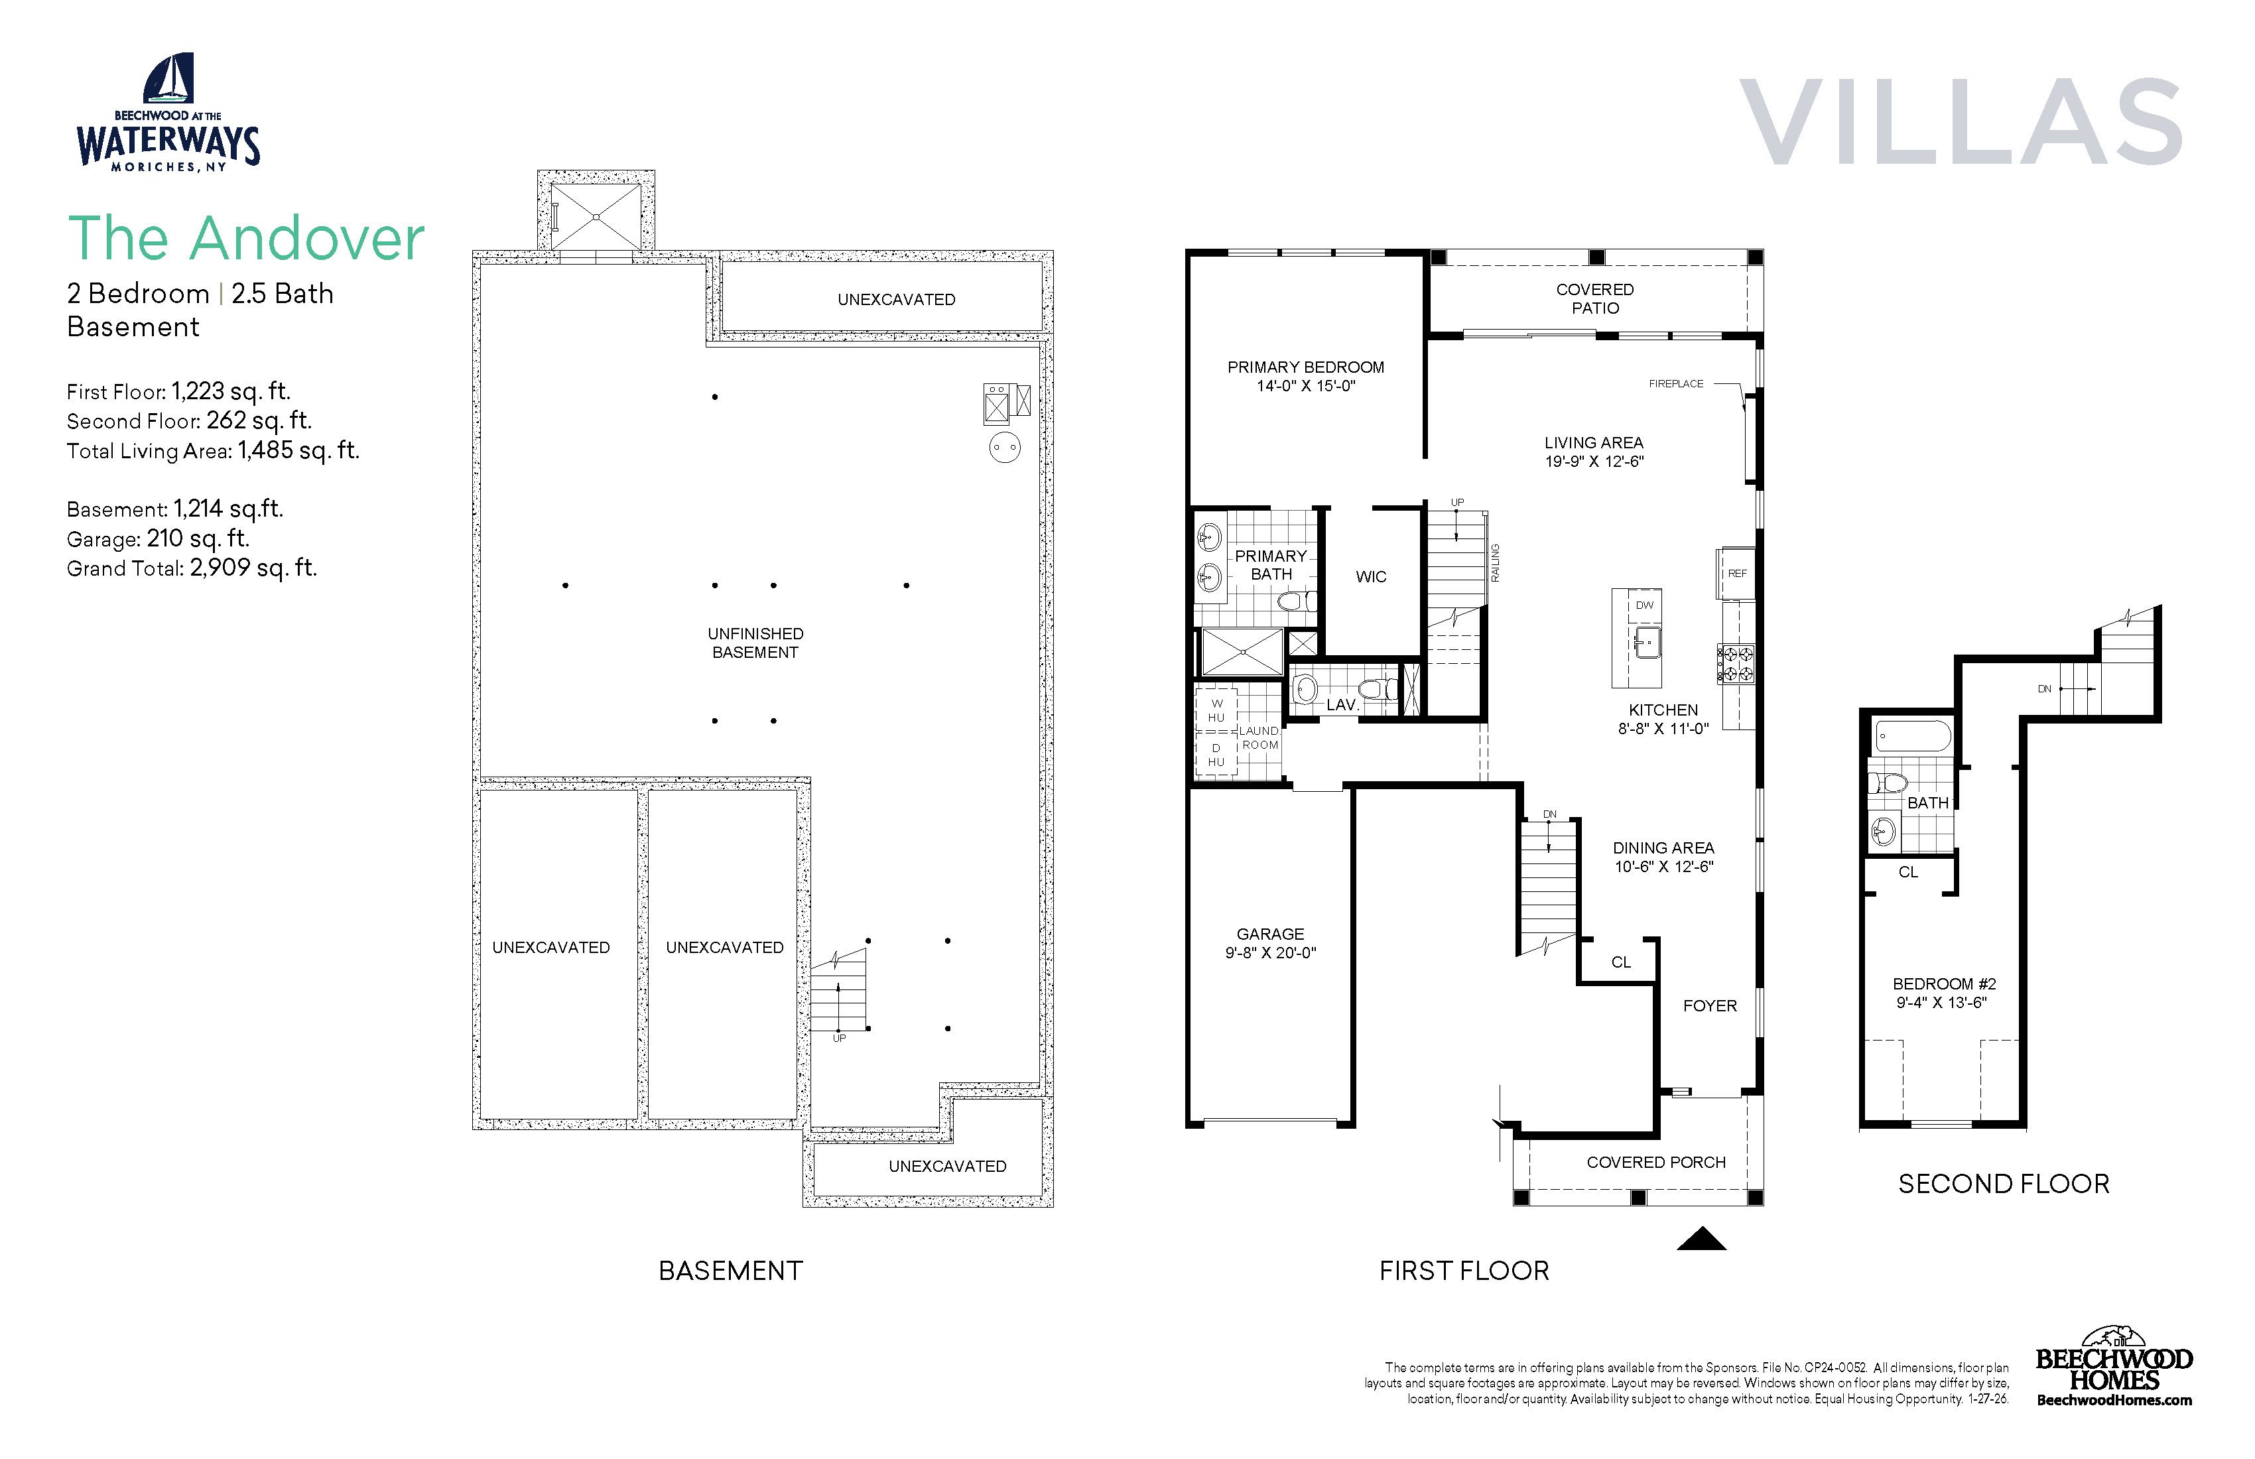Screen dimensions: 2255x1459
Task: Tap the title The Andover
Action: (246, 238)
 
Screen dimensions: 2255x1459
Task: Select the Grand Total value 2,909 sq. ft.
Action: (253, 568)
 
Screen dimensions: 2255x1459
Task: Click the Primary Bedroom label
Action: (1306, 367)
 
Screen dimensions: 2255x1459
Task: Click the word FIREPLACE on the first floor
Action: (1676, 384)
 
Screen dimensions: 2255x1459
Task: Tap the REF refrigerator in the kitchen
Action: (1736, 573)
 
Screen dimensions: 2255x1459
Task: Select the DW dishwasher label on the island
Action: (1644, 604)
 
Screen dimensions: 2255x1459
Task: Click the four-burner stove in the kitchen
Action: (1736, 663)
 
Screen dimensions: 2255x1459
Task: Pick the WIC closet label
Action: (1371, 577)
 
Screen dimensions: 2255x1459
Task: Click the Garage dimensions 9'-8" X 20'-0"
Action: (1271, 953)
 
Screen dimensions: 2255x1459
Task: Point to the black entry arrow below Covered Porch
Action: (1702, 1239)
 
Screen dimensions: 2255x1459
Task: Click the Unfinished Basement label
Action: (755, 643)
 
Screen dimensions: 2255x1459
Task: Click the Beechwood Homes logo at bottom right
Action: (2114, 1366)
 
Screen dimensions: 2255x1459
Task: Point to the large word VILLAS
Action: (1961, 121)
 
